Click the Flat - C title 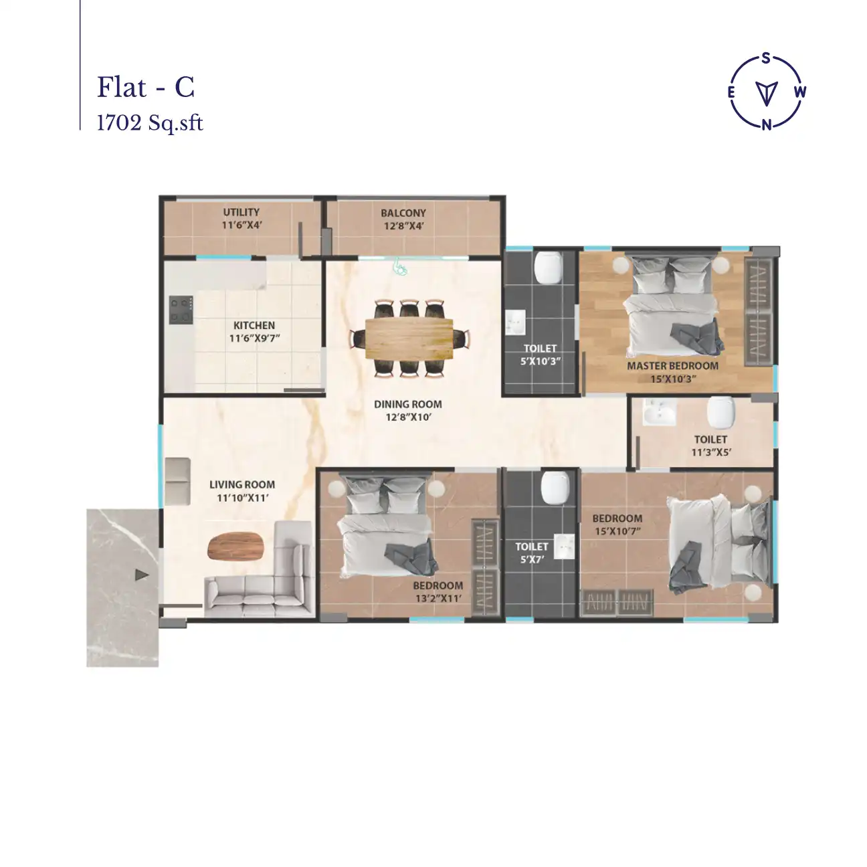[146, 88]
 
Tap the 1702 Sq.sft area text [150, 123]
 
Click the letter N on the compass [767, 124]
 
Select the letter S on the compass [767, 58]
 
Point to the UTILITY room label [242, 212]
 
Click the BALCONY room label [403, 213]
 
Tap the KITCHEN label [254, 325]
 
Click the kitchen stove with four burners [181, 310]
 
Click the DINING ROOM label [407, 404]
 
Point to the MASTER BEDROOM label [672, 366]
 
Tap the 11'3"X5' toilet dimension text [710, 452]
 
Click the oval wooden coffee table [237, 546]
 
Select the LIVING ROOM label [242, 484]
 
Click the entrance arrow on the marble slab [141, 575]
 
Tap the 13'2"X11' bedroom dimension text [438, 598]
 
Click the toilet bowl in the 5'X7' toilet [555, 486]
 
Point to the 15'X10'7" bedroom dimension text [617, 531]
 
